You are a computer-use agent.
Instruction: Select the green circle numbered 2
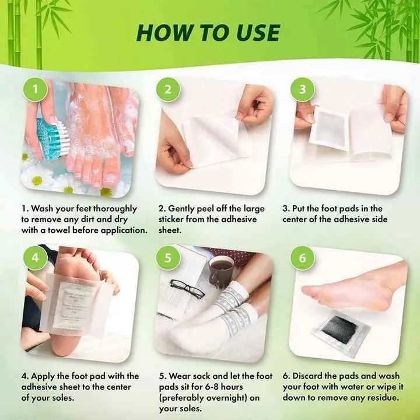click(168, 90)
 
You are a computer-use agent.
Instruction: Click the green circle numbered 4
click(36, 257)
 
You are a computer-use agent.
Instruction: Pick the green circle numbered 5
click(168, 257)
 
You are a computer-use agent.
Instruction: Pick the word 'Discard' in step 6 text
click(312, 376)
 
